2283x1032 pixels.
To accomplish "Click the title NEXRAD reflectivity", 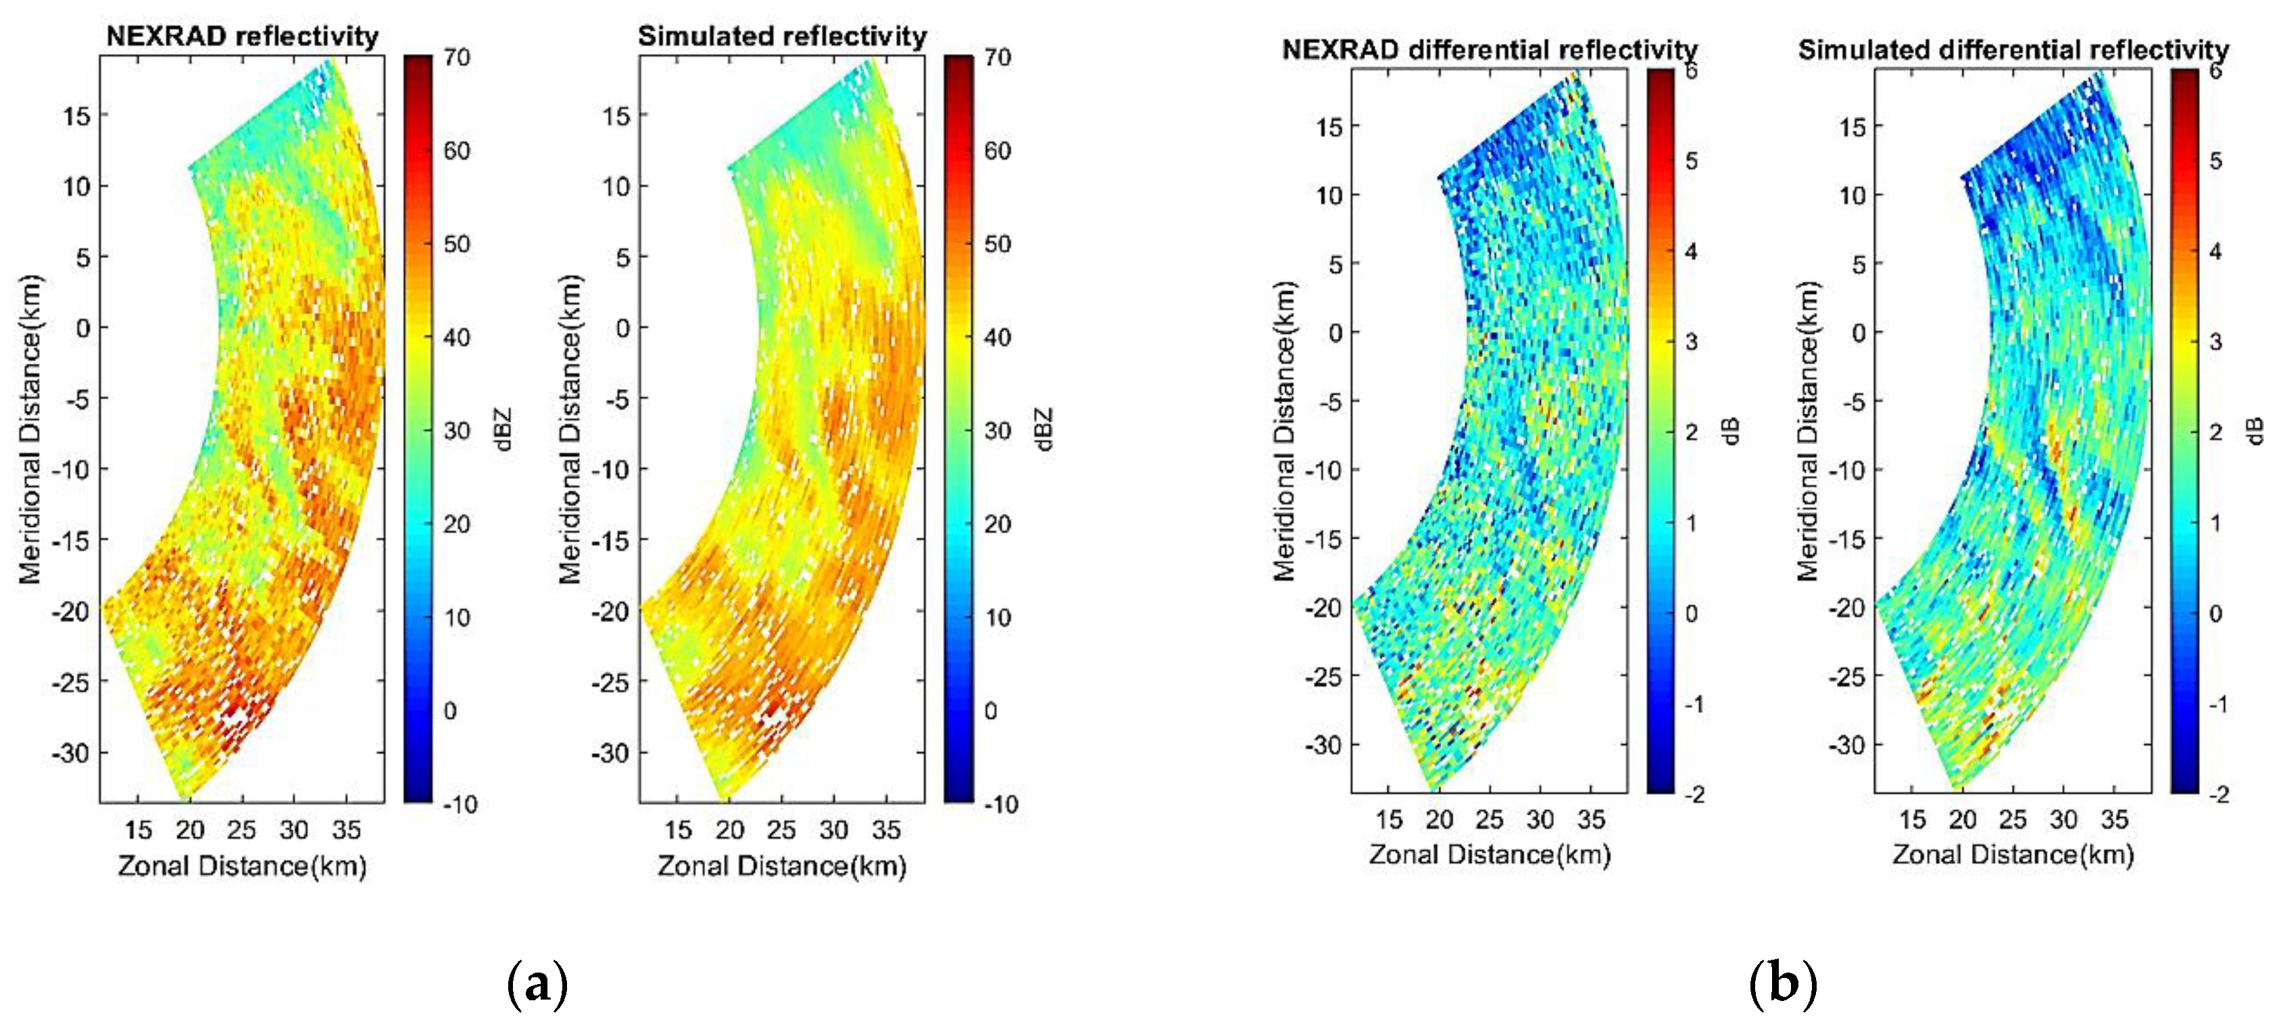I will [x=242, y=36].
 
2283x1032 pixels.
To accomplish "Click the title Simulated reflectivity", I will [x=782, y=36].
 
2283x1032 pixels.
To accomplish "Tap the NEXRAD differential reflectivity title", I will [x=1489, y=49].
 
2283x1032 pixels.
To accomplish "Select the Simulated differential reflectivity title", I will [x=2013, y=49].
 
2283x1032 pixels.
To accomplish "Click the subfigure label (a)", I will [x=537, y=983].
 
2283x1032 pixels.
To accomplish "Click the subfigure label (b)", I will [x=1783, y=983].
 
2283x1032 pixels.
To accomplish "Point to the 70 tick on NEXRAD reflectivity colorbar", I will [x=456, y=57].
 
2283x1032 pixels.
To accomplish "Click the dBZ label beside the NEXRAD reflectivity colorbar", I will [x=504, y=430].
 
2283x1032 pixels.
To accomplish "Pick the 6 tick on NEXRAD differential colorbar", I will [x=1691, y=71].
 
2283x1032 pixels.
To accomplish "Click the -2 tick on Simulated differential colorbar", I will [x=2218, y=794].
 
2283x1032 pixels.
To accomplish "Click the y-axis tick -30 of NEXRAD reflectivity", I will [x=71, y=753].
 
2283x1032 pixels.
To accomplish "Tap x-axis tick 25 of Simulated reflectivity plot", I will [x=781, y=830].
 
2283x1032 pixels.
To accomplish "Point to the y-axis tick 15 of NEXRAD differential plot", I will [x=1329, y=127].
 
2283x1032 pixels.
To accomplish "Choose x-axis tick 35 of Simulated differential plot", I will [x=2114, y=819].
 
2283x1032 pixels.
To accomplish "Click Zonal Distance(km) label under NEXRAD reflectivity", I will [x=242, y=865].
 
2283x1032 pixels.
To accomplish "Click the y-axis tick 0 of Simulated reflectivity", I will [x=623, y=328].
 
